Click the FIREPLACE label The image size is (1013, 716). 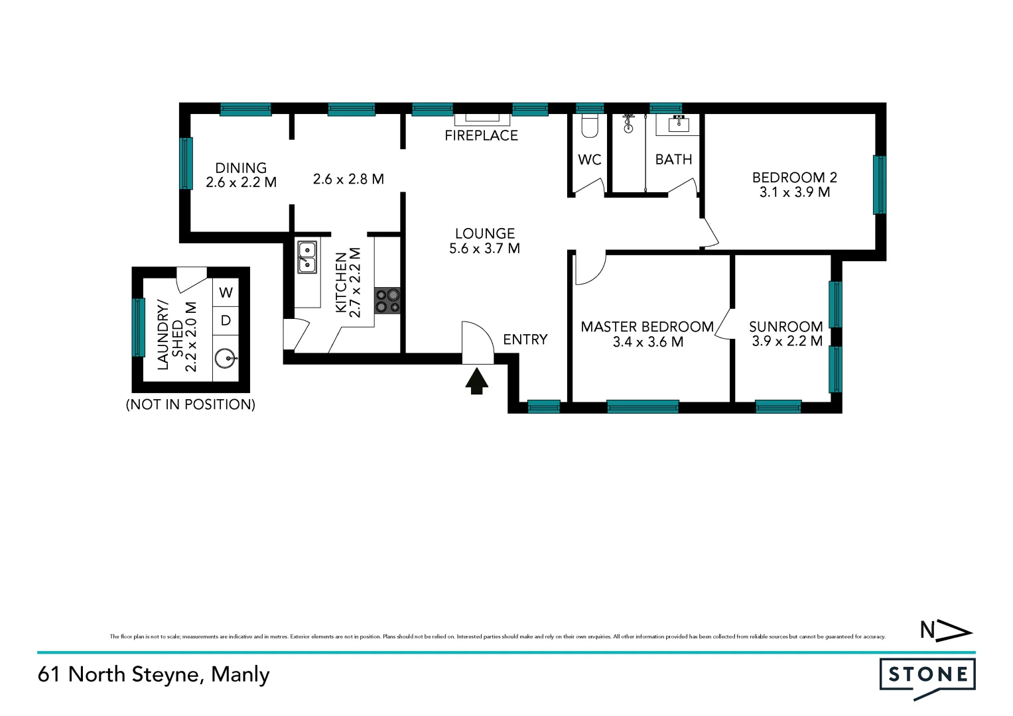pyautogui.click(x=481, y=135)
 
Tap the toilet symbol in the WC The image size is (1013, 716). pyautogui.click(x=590, y=126)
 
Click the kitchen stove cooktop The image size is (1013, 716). pyautogui.click(x=388, y=300)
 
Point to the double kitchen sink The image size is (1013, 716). pyautogui.click(x=306, y=257)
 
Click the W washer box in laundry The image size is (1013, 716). pyautogui.click(x=226, y=292)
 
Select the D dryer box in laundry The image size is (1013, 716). pyautogui.click(x=226, y=321)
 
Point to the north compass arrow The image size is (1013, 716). pyautogui.click(x=946, y=630)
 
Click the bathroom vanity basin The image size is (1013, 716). pyautogui.click(x=679, y=123)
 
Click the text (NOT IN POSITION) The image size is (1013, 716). pyautogui.click(x=190, y=404)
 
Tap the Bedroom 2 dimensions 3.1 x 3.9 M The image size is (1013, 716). pyautogui.click(x=795, y=192)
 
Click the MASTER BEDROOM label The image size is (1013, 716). pyautogui.click(x=647, y=327)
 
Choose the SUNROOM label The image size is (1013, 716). pyautogui.click(x=785, y=327)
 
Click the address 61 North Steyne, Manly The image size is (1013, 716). pyautogui.click(x=154, y=674)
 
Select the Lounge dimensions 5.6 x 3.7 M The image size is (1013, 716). pyautogui.click(x=484, y=249)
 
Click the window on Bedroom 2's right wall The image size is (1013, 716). pyautogui.click(x=879, y=185)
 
